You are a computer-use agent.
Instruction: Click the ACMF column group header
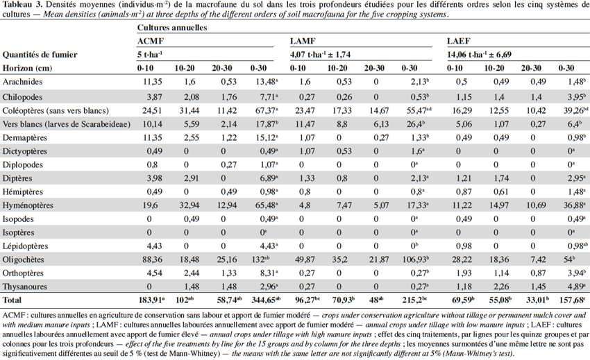pyautogui.click(x=151, y=41)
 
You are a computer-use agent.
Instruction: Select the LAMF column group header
pyautogui.click(x=303, y=41)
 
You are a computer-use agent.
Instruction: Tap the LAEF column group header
pyautogui.click(x=459, y=41)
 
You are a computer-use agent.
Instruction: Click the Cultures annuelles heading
pyautogui.click(x=172, y=28)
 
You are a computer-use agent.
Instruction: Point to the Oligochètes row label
pyautogui.click(x=24, y=259)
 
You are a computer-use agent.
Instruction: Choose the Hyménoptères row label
pyautogui.click(x=28, y=205)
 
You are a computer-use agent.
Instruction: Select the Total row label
pyautogui.click(x=12, y=300)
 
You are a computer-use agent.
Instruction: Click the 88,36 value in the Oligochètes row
pyautogui.click(x=153, y=259)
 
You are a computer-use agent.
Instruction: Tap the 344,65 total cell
pyautogui.click(x=266, y=300)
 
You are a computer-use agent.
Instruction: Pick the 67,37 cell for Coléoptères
pyautogui.click(x=267, y=110)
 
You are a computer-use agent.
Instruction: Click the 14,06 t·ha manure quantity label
pyautogui.click(x=479, y=55)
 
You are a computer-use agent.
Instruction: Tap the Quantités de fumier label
pyautogui.click(x=40, y=55)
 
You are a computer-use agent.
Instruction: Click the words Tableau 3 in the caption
pyautogui.click(x=20, y=5)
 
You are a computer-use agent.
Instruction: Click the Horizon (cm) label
pyautogui.click(x=27, y=68)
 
